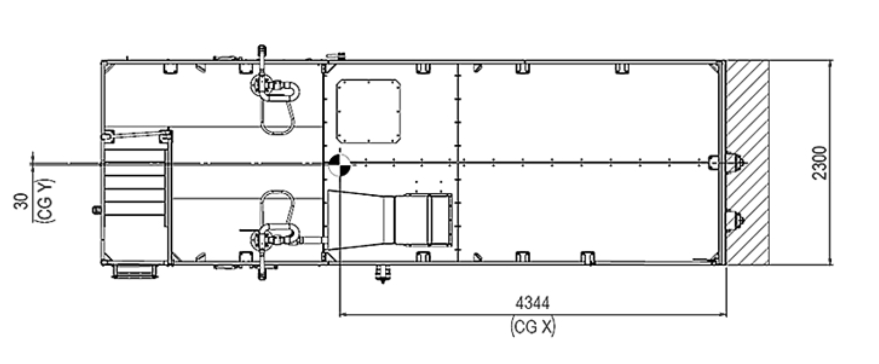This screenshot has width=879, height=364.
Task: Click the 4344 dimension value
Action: click(x=532, y=303)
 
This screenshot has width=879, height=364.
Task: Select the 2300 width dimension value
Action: click(x=819, y=163)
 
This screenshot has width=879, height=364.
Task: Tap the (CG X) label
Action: click(x=533, y=327)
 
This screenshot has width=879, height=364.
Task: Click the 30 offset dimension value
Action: click(x=22, y=201)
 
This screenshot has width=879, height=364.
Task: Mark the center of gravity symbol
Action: click(x=339, y=165)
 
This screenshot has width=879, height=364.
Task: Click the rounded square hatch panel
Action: click(x=368, y=111)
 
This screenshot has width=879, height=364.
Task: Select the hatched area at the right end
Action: click(x=747, y=162)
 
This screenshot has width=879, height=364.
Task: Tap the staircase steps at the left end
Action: click(x=135, y=182)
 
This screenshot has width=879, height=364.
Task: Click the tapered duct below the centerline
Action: click(x=389, y=221)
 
